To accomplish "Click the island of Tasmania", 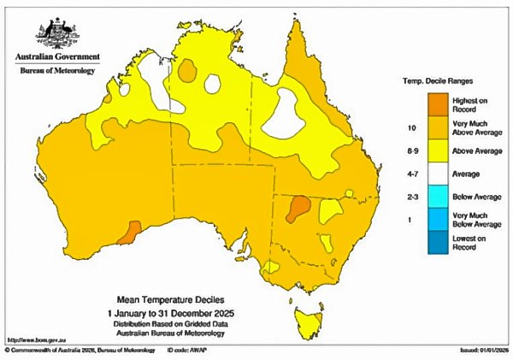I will point(309,324).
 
